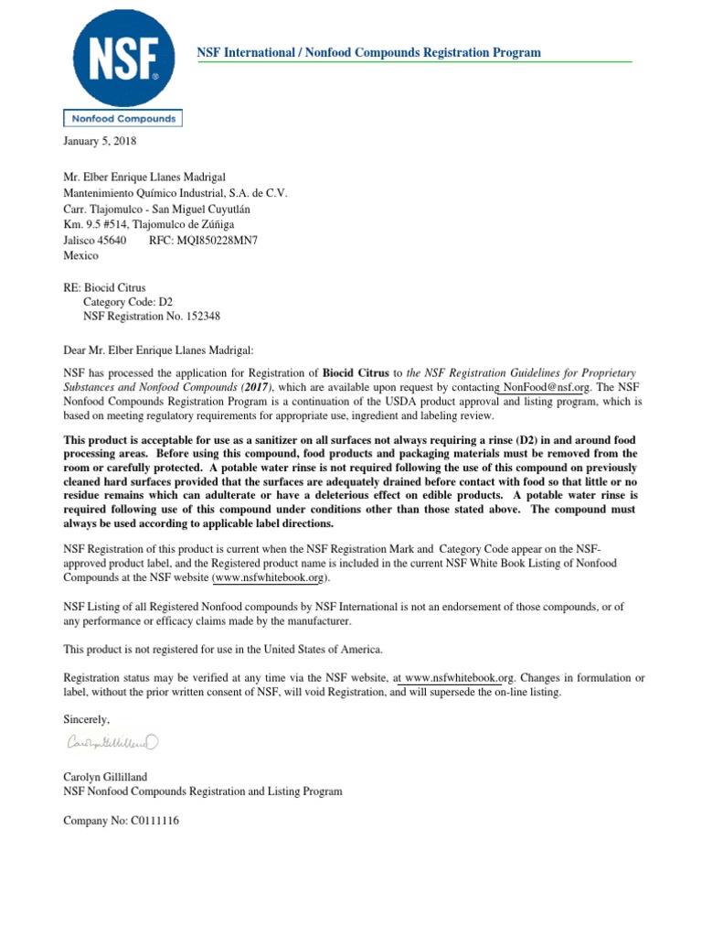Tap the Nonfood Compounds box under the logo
point(122,119)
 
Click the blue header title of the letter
point(369,52)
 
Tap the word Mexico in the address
point(80,256)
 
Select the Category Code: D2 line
point(128,301)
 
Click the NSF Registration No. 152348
point(152,317)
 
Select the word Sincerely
point(86,719)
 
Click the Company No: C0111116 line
point(121,821)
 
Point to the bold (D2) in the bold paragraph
point(540,441)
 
